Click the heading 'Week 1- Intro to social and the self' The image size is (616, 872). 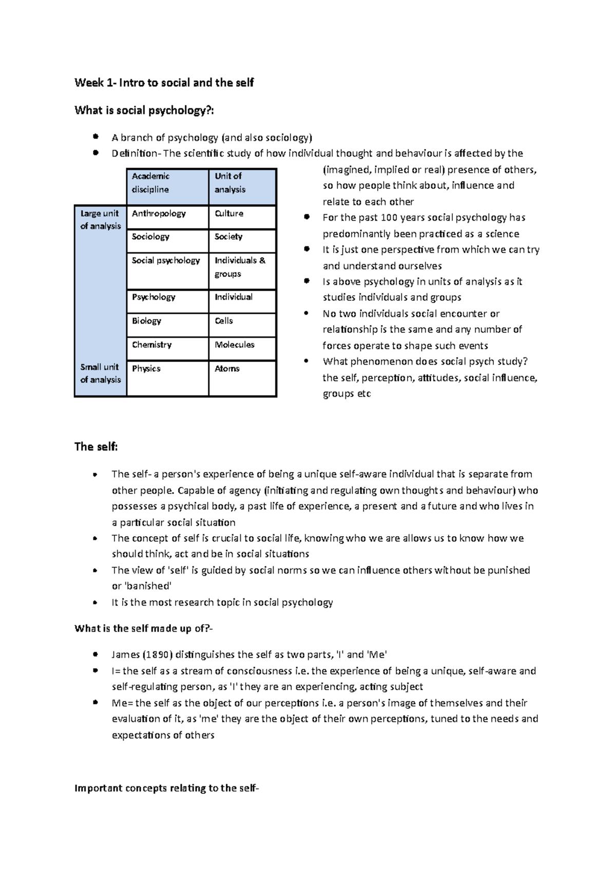click(164, 83)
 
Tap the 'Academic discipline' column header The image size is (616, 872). click(150, 183)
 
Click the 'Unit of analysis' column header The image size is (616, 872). click(229, 183)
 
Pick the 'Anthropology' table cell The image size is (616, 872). click(159, 214)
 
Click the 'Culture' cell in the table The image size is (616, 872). click(229, 214)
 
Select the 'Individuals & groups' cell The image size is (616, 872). click(240, 267)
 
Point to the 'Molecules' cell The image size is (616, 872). click(235, 345)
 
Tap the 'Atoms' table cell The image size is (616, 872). click(227, 369)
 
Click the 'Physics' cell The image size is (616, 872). click(146, 369)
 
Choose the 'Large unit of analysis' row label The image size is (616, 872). click(100, 220)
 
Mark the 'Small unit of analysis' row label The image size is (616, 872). click(100, 373)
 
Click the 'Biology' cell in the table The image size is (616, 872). click(146, 321)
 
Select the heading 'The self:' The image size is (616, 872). click(96, 447)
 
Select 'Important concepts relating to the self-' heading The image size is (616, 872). click(167, 788)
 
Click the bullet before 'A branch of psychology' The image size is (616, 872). click(95, 137)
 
